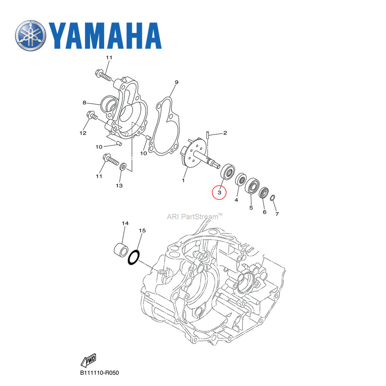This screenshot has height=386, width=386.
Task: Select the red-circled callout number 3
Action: click(219, 191)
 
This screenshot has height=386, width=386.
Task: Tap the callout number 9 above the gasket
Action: click(176, 82)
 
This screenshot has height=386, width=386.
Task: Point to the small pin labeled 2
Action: click(208, 135)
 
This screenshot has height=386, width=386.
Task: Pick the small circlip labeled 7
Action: click(273, 198)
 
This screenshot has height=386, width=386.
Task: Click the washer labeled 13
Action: click(123, 166)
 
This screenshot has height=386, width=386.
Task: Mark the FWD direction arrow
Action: click(88, 361)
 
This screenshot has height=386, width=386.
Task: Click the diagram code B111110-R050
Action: click(100, 373)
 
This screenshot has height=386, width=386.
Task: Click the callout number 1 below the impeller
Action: click(183, 180)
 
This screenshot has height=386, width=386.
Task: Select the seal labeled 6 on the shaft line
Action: click(264, 192)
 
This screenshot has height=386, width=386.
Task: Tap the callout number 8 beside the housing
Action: click(84, 103)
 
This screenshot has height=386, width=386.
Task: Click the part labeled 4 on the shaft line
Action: click(241, 179)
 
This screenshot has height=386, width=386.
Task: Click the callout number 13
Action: click(119, 186)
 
